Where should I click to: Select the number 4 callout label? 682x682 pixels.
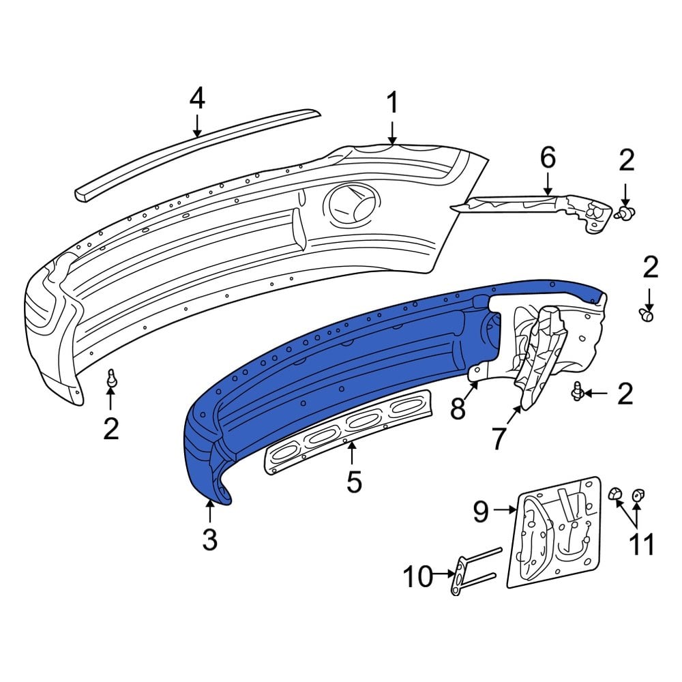point(196,99)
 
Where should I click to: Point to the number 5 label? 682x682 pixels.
point(354,481)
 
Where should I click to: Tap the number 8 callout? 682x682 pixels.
point(457,409)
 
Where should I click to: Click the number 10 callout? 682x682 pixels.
point(417,577)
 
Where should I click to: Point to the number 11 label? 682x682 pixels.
point(641,544)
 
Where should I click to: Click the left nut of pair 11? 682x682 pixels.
point(614,492)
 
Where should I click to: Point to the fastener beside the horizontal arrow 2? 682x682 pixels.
point(578,392)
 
